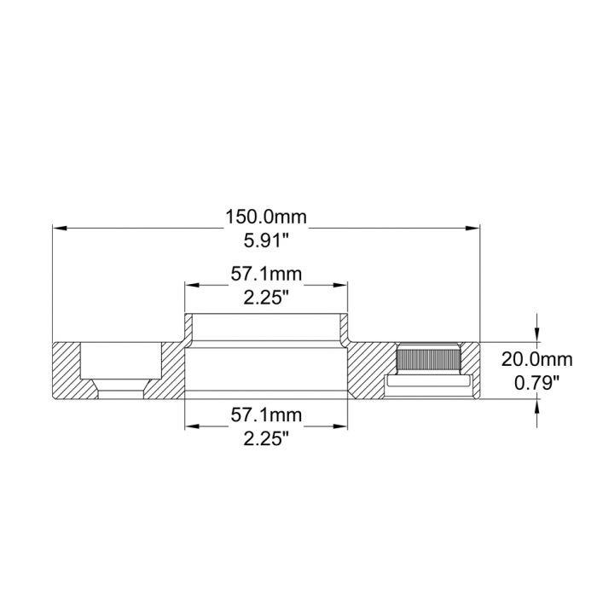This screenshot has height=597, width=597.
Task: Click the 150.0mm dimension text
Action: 266,217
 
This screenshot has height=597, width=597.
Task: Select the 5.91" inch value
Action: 266,241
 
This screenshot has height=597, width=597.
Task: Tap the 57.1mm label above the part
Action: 266,275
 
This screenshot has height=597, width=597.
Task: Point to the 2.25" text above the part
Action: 266,298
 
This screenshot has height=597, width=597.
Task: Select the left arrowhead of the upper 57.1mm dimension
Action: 192,286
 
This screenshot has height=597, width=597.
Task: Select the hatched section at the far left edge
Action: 67,371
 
